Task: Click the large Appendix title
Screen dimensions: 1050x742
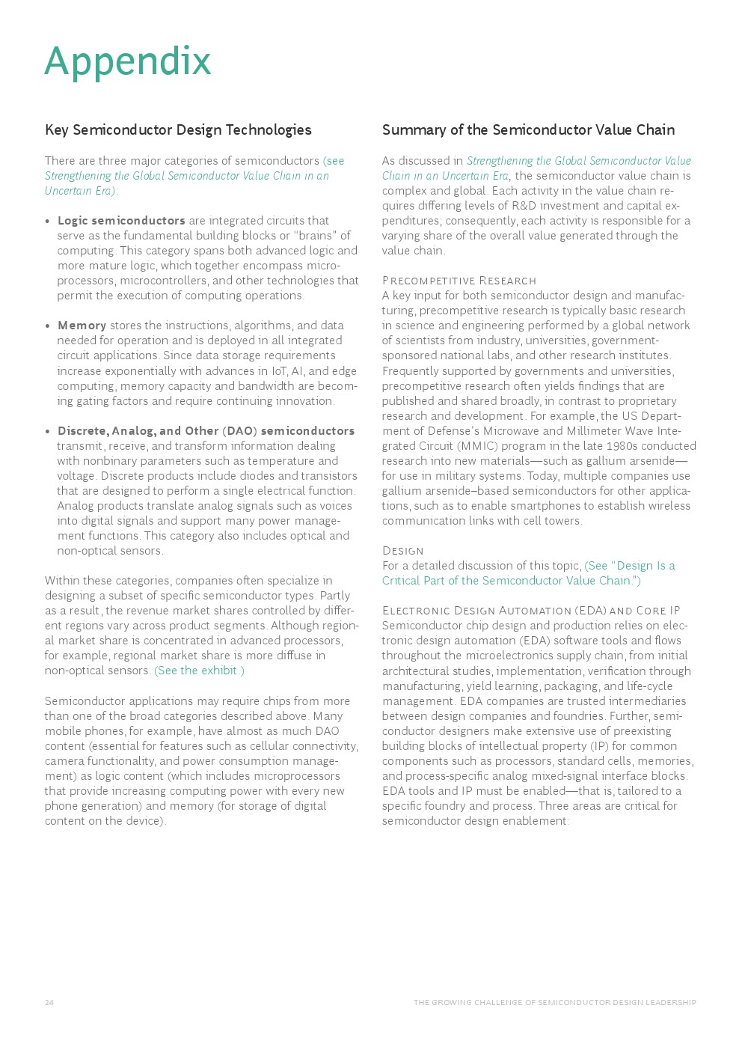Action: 128,61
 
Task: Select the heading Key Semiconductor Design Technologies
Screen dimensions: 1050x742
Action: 178,130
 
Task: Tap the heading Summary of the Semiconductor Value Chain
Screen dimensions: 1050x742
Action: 528,130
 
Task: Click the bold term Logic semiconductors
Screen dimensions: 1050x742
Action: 121,221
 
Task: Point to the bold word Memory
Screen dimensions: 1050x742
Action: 82,326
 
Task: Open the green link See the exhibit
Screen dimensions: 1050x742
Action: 199,671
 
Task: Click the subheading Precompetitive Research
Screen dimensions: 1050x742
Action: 459,281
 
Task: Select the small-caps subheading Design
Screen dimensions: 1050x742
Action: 402,551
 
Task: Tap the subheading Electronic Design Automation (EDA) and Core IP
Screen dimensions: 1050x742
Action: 531,611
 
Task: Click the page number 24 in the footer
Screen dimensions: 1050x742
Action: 49,1003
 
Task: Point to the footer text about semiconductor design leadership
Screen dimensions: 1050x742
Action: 554,1003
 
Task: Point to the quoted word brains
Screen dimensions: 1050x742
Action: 315,236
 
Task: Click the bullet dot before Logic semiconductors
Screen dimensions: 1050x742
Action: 48,222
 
